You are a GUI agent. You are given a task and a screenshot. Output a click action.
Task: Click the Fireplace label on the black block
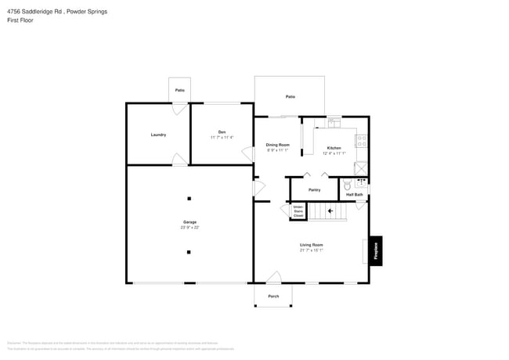pos(376,250)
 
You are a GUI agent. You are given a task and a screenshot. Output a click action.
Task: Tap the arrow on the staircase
pos(330,211)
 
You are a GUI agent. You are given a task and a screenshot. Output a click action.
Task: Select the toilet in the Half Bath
pos(348,186)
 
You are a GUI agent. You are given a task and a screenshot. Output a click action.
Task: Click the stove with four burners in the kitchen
pos(362,142)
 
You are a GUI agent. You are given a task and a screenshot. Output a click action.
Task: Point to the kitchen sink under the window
pos(334,123)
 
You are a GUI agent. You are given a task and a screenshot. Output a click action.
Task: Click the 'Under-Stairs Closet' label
pos(298,211)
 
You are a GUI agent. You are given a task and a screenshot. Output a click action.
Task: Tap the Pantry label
pos(314,189)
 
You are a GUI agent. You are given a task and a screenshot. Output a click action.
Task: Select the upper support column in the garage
pos(189,198)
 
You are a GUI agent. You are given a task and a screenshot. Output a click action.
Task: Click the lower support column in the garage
pos(189,252)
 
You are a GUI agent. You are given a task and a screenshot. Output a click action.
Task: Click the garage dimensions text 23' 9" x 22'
pos(190,228)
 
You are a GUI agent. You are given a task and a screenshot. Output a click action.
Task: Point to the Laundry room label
pos(158,135)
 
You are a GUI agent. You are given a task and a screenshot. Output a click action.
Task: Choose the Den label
pos(222,131)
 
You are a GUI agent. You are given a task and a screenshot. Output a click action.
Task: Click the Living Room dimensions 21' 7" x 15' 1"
pos(311,250)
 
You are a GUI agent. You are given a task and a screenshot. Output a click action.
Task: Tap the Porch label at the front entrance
pos(273,296)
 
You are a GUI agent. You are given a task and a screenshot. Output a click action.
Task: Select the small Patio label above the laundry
pos(180,91)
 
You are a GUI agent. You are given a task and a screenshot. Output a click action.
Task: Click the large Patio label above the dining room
pos(290,96)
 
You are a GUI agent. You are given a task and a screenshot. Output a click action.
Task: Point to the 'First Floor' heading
pos(21,20)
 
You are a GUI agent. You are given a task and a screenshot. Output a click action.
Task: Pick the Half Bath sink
pos(361,182)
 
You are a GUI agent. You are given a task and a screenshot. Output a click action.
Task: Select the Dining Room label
pos(277,145)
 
